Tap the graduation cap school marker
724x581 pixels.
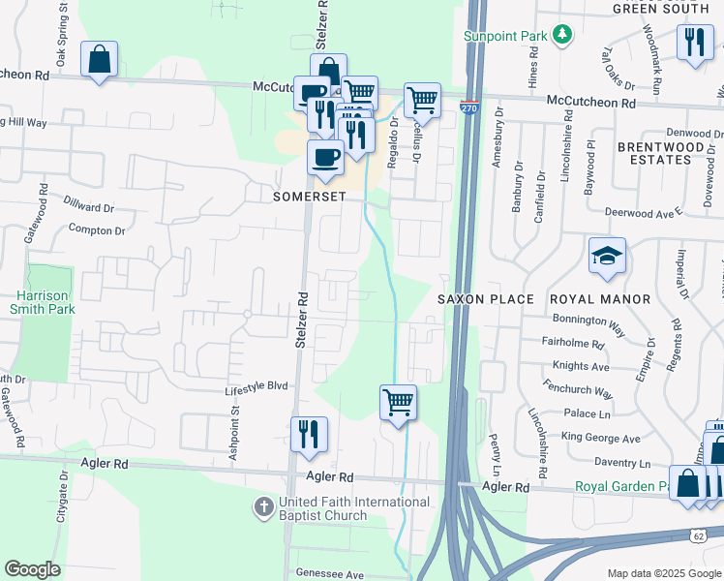tap(607, 256)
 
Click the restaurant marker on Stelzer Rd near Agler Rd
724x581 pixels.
tap(309, 434)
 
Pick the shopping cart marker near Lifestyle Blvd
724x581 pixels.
tap(398, 402)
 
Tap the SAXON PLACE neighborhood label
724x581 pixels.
tap(485, 299)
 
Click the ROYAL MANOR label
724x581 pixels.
tap(600, 299)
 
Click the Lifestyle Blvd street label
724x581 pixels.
tap(256, 385)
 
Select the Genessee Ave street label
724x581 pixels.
tap(322, 574)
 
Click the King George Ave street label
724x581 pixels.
tap(607, 439)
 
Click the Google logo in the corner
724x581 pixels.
tap(33, 568)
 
